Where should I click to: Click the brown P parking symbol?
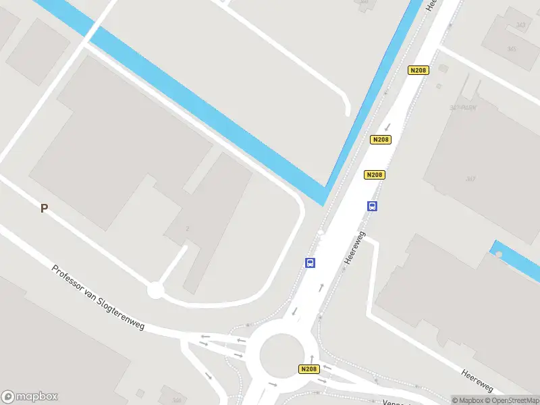point(44,209)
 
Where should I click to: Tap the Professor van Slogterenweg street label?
point(99,298)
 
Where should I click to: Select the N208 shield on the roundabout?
point(308,369)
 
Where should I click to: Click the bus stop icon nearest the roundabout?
point(310,263)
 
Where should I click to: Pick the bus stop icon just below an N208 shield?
point(372,206)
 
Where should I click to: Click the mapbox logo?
point(30,397)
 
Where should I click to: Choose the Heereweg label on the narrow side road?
point(477,381)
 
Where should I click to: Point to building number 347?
point(470,179)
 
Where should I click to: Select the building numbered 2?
point(187,229)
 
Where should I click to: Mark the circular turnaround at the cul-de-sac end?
point(156,290)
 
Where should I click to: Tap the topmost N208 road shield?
point(418,70)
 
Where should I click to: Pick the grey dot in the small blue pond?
point(499,254)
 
